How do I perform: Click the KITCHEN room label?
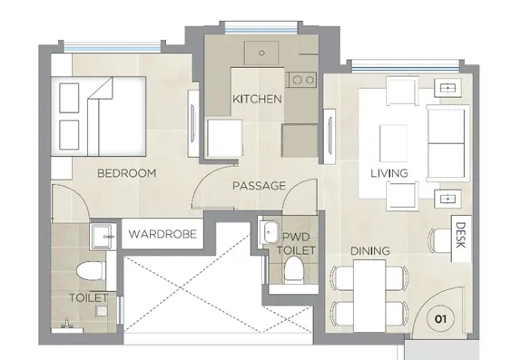pyautogui.click(x=257, y=99)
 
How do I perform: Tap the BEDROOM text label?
pyautogui.click(x=126, y=173)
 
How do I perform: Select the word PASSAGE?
pyautogui.click(x=260, y=186)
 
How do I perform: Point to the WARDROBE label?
pyautogui.click(x=162, y=234)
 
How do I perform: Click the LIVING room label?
pyautogui.click(x=389, y=173)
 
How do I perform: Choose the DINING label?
pyautogui.click(x=370, y=251)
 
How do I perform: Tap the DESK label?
pyautogui.click(x=460, y=235)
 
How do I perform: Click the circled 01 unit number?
pyautogui.click(x=440, y=319)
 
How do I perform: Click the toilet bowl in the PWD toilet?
pyautogui.click(x=294, y=269)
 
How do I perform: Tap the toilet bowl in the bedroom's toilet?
pyautogui.click(x=91, y=270)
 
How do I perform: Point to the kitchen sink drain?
pyautogui.click(x=261, y=53)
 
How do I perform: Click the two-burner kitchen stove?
pyautogui.click(x=302, y=80)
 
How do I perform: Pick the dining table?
pyautogui.click(x=369, y=296)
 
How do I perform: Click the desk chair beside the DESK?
pyautogui.click(x=440, y=240)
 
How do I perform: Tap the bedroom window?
pyautogui.click(x=112, y=47)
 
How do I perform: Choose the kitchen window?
pyautogui.click(x=260, y=27)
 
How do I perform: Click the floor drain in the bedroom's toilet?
pyautogui.click(x=102, y=311)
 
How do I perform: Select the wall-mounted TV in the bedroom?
pyautogui.click(x=192, y=124)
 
